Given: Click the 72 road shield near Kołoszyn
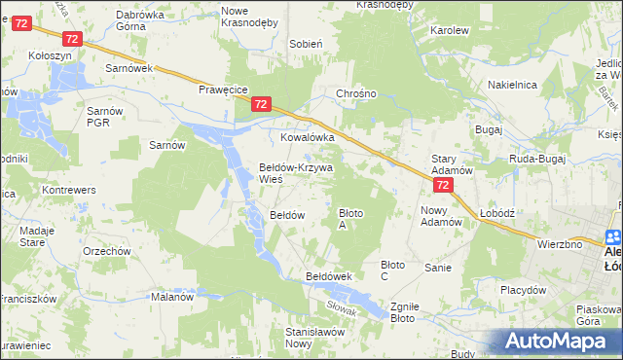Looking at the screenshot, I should (72, 38).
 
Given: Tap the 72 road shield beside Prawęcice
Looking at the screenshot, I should (260, 104).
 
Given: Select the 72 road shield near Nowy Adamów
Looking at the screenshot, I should (443, 185).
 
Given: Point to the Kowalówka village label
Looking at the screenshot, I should (308, 138).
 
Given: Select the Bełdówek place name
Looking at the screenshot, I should (328, 276).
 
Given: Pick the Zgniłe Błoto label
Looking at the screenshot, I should (403, 311).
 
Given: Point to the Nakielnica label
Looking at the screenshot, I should (513, 85).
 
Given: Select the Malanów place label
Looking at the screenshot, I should (172, 297).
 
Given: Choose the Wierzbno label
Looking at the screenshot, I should (560, 244).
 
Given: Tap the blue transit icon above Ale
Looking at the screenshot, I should (613, 236).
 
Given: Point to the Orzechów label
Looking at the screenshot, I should (107, 251).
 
